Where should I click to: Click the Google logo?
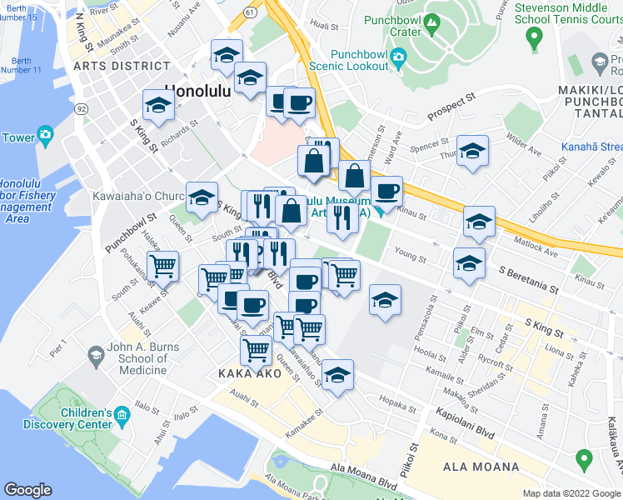(28, 490)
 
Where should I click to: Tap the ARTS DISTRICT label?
(122, 65)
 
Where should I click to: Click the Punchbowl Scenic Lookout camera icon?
(399, 57)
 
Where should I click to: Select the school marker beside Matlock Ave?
(479, 222)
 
